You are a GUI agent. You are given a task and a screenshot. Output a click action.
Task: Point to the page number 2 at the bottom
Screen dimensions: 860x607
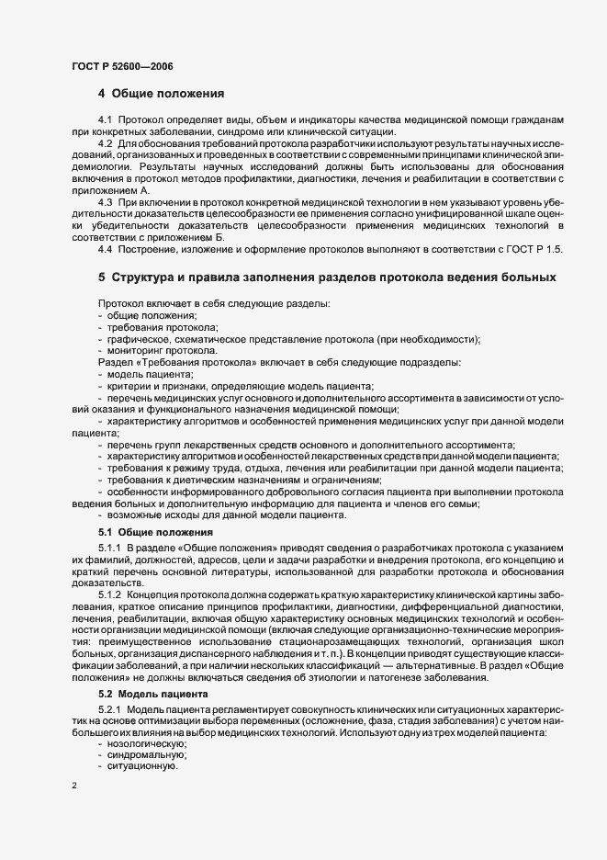(x=73, y=786)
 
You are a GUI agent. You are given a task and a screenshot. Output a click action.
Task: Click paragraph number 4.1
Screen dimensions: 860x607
(x=105, y=122)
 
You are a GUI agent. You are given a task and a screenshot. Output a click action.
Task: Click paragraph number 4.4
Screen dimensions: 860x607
(x=105, y=248)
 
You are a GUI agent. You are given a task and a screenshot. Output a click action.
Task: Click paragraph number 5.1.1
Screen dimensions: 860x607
(x=109, y=549)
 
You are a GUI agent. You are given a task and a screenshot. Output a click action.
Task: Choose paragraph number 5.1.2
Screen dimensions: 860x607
(x=109, y=594)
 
